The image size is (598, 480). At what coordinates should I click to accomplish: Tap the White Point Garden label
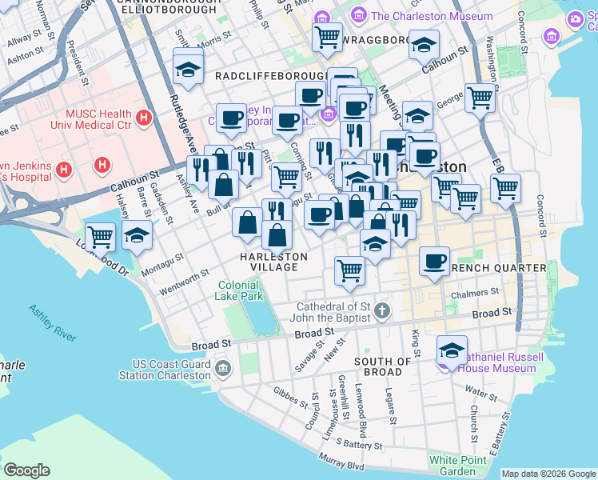click(x=452, y=465)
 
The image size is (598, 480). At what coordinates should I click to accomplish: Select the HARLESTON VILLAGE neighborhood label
click(x=273, y=262)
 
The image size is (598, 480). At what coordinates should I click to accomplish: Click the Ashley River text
click(x=52, y=322)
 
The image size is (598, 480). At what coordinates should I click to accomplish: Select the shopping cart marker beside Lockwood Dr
click(x=100, y=237)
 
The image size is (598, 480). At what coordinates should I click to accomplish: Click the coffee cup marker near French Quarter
click(x=434, y=262)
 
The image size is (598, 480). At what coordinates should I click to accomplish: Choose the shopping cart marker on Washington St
click(x=480, y=98)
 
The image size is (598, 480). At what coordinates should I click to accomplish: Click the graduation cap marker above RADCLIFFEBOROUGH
click(x=188, y=67)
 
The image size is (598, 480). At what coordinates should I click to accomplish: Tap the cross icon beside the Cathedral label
click(x=382, y=310)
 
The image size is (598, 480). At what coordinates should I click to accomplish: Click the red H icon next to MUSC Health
click(x=143, y=118)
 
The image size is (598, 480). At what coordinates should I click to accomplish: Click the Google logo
click(x=26, y=470)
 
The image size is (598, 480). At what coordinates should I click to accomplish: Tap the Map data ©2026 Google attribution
click(x=548, y=474)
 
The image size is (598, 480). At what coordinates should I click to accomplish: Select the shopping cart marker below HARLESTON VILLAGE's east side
click(x=349, y=270)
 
